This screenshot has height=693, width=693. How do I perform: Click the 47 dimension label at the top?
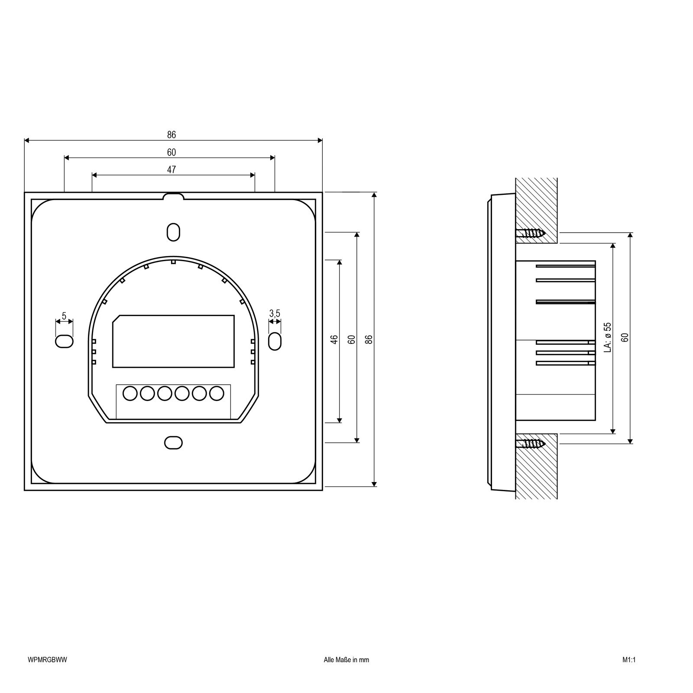tap(172, 169)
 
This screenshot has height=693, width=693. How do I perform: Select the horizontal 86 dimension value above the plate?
tap(172, 135)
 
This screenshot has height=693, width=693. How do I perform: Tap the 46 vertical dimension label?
tap(334, 339)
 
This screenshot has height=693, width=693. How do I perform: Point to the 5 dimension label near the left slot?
tap(64, 316)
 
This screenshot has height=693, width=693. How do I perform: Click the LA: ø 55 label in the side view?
tap(607, 337)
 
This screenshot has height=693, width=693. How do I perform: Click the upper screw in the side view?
tap(530, 233)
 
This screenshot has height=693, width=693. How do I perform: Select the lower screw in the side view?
tap(530, 443)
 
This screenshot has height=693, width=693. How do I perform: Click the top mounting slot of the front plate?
tap(173, 232)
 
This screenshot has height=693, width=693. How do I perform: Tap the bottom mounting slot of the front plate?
tap(173, 443)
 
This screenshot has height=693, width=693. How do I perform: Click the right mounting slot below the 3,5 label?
tap(275, 341)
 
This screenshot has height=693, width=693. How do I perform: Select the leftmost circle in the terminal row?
tap(130, 393)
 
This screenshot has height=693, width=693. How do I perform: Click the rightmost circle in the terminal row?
tap(216, 393)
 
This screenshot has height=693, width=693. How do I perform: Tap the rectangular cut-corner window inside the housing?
tap(173, 341)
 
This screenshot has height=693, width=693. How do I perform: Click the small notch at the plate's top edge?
tap(173, 196)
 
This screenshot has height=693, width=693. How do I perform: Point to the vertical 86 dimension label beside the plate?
tap(369, 339)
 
